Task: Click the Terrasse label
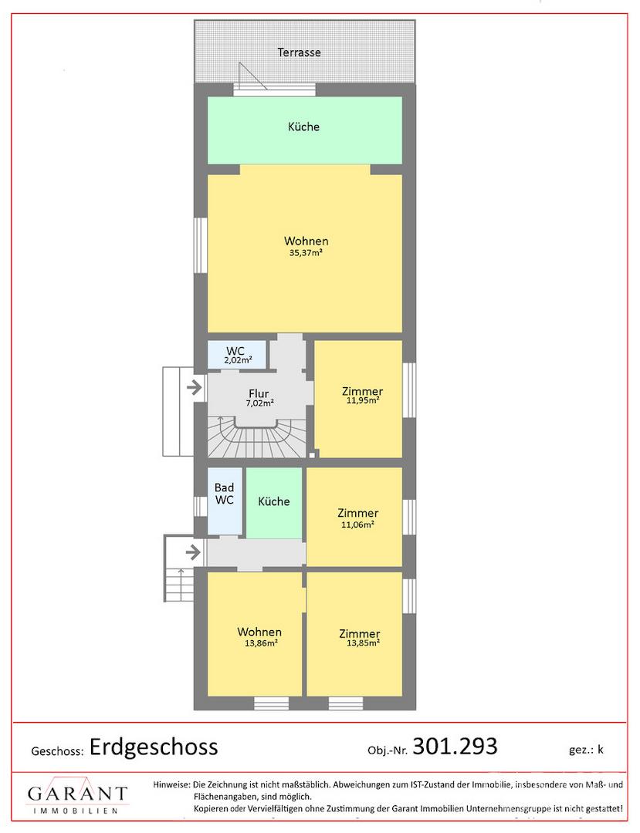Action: click(299, 52)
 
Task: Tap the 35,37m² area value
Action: click(306, 253)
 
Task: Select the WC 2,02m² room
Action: click(236, 355)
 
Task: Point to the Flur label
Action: click(259, 393)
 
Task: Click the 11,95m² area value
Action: click(363, 400)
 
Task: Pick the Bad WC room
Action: click(225, 501)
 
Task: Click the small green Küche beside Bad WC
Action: click(274, 503)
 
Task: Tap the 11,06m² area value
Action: click(357, 524)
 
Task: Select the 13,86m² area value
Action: click(260, 642)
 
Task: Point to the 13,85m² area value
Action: click(363, 642)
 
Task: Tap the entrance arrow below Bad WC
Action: click(194, 552)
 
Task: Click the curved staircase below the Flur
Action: click(257, 438)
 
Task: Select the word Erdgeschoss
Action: click(154, 747)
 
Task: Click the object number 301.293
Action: click(455, 746)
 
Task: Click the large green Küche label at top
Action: click(303, 126)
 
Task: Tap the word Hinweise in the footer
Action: click(171, 784)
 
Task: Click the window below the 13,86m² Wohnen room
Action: click(270, 703)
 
